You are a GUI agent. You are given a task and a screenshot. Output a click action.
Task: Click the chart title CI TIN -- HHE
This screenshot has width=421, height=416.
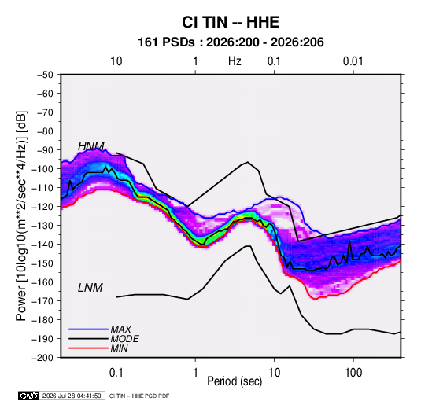[x=231, y=22]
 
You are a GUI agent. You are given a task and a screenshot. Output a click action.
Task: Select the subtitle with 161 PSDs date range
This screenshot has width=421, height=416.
[x=231, y=42]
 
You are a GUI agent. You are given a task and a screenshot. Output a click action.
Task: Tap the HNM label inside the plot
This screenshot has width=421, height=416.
[x=91, y=146]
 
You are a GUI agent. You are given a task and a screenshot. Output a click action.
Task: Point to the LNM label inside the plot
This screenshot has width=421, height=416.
[x=90, y=288]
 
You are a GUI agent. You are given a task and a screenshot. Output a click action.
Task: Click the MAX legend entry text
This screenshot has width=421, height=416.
[x=121, y=329]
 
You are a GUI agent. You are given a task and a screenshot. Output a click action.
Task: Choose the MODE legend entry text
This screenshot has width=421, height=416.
[x=124, y=339]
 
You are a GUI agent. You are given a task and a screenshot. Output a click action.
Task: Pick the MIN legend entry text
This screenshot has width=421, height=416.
[x=119, y=348]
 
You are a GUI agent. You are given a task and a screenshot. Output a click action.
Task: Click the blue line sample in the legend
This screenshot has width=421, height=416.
[x=88, y=329]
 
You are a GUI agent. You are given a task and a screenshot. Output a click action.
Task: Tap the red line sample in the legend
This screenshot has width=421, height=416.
[x=88, y=348]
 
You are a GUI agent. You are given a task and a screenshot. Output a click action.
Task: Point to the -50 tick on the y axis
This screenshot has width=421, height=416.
[x=45, y=75]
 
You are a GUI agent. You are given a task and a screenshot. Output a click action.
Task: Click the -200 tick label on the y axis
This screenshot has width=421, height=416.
[x=42, y=358]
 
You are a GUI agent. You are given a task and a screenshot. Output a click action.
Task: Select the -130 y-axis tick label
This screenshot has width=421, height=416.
[x=42, y=226]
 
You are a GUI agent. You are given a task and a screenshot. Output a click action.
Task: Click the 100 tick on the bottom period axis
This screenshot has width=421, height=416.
[x=353, y=373]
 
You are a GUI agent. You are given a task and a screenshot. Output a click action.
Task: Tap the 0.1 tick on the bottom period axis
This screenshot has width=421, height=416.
[x=116, y=373]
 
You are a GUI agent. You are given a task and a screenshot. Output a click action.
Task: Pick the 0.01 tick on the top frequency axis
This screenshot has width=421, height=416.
[x=353, y=61]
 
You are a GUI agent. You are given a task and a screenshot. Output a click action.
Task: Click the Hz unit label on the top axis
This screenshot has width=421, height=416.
[x=235, y=61]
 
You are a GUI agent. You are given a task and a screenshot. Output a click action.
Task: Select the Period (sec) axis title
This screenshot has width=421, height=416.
[x=235, y=381]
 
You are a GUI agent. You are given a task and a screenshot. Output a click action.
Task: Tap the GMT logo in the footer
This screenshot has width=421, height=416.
[x=28, y=396]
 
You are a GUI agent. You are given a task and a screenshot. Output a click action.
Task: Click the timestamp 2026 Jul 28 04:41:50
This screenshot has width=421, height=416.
[x=72, y=396]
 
